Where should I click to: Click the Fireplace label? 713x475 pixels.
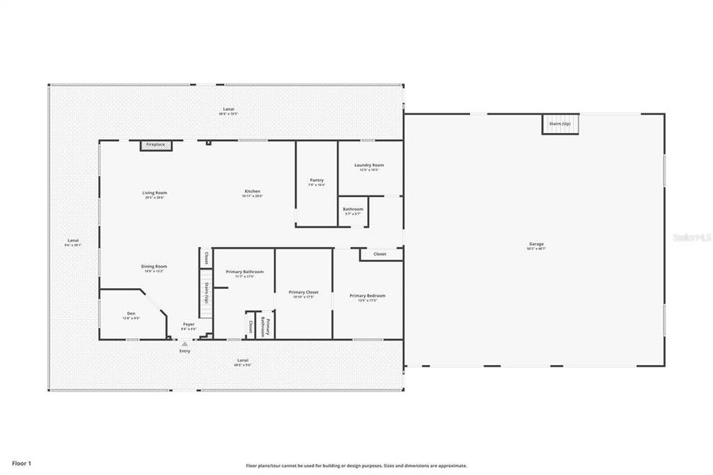click(155, 145)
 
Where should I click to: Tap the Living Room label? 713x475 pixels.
click(154, 192)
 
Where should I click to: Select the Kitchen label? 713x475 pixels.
click(252, 192)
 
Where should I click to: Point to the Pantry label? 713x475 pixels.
click(317, 180)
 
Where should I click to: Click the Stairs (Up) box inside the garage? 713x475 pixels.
click(559, 124)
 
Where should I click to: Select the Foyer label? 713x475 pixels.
click(188, 325)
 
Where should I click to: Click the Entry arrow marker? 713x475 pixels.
click(184, 344)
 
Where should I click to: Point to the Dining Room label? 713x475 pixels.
click(154, 267)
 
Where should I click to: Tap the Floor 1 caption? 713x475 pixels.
click(21, 462)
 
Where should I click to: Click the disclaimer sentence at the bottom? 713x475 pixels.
click(356, 465)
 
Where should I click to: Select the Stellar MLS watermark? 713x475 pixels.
click(690, 236)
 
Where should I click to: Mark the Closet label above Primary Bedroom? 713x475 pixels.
click(380, 254)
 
